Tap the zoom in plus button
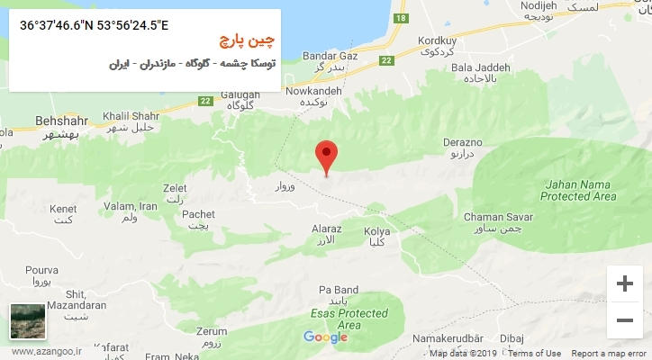[624, 283]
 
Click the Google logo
[325, 337]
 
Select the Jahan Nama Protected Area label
[579, 190]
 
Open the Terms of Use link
[534, 354]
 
